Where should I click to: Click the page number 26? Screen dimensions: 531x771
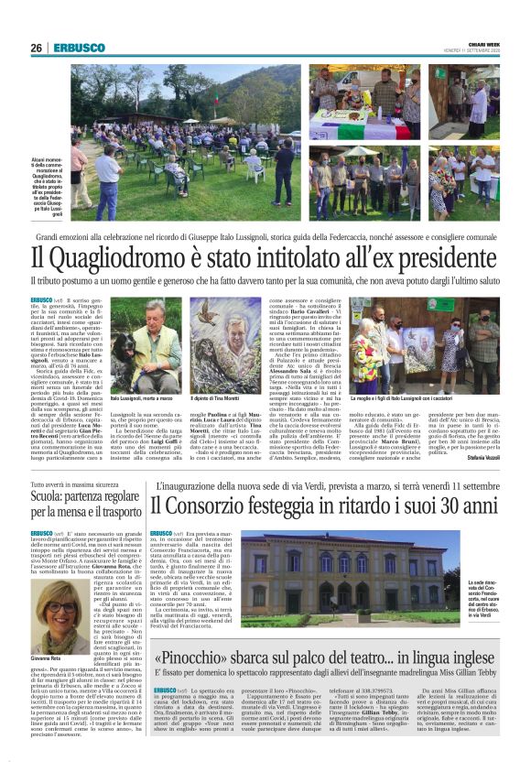tap(36, 48)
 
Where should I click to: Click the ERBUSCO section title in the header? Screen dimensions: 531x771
tap(73, 48)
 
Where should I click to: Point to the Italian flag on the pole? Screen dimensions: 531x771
tap(190, 83)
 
